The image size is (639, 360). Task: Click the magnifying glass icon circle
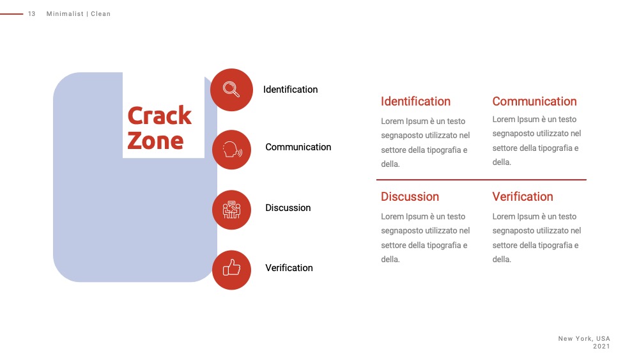pyautogui.click(x=231, y=90)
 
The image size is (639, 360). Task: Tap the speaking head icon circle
pyautogui.click(x=231, y=150)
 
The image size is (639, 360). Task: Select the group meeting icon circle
pyautogui.click(x=231, y=210)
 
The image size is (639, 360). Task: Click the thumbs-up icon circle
pyautogui.click(x=231, y=270)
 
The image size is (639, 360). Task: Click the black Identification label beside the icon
pyautogui.click(x=290, y=90)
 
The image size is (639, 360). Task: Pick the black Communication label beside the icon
pyautogui.click(x=298, y=147)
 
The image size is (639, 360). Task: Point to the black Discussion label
pyautogui.click(x=288, y=208)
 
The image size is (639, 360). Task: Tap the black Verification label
pyautogui.click(x=289, y=268)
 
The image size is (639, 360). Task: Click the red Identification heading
pyautogui.click(x=415, y=101)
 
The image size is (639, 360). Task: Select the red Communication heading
pyautogui.click(x=534, y=101)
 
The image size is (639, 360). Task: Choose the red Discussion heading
pyautogui.click(x=410, y=196)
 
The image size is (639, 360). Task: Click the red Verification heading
pyautogui.click(x=523, y=196)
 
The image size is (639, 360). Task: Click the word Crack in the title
pyautogui.click(x=159, y=115)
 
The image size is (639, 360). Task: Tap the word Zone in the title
pyautogui.click(x=155, y=141)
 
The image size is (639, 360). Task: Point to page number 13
pyautogui.click(x=32, y=14)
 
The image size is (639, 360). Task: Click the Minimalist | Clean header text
pyautogui.click(x=78, y=14)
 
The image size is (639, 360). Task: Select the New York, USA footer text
pyautogui.click(x=584, y=338)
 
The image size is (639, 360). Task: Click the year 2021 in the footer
pyautogui.click(x=601, y=346)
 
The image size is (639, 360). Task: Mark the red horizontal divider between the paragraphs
pyautogui.click(x=481, y=180)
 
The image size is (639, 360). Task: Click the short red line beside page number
pyautogui.click(x=12, y=14)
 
